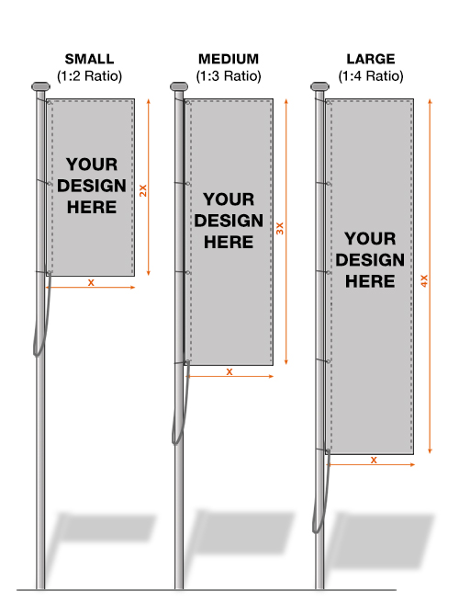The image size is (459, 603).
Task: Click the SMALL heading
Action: point(89,59)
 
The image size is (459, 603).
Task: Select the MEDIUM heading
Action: point(229,59)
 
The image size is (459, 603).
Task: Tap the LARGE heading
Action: point(371,59)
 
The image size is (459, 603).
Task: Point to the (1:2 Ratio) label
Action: point(89,75)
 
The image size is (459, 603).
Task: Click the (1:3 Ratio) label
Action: point(229,75)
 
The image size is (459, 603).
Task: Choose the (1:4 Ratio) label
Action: point(371,75)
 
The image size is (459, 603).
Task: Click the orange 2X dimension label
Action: point(143,191)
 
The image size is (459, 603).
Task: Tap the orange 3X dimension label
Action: point(280,229)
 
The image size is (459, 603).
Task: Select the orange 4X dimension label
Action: point(424,280)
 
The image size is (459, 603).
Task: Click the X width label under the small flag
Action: point(91,283)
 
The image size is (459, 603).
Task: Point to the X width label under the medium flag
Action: point(229,372)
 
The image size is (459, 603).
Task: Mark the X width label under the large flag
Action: point(374,460)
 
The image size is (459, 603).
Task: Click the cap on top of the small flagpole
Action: point(40,86)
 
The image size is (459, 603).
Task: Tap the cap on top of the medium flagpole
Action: point(179,86)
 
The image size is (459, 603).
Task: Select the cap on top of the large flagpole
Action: point(320,86)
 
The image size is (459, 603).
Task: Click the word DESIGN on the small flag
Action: point(92,186)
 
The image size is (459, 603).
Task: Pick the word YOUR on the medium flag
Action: point(229,199)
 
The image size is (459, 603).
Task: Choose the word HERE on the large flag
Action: point(370,281)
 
